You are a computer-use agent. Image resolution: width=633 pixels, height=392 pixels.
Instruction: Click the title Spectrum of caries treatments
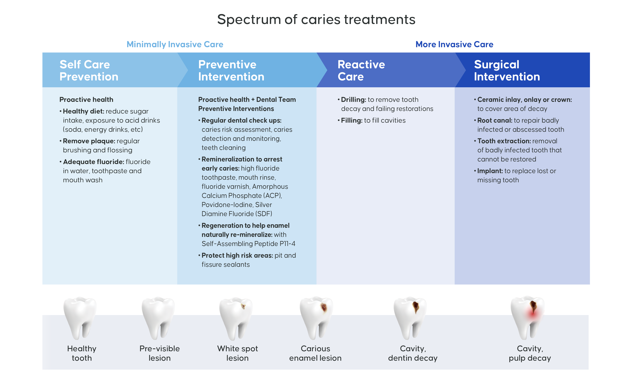pyautogui.click(x=316, y=19)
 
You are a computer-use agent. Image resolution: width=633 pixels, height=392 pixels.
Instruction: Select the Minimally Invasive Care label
pyautogui.click(x=175, y=44)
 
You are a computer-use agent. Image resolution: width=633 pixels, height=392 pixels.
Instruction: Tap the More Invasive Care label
pyautogui.click(x=454, y=44)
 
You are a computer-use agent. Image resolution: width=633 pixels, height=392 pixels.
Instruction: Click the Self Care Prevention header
pyautogui.click(x=89, y=70)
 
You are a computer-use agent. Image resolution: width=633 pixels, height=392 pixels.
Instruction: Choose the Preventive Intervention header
pyautogui.click(x=231, y=70)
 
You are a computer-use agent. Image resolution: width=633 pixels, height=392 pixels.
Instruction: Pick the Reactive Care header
pyautogui.click(x=361, y=70)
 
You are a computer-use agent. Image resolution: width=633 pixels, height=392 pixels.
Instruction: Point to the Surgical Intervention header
pyautogui.click(x=507, y=70)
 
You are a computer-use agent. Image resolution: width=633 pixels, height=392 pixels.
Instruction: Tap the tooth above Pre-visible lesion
pyautogui.click(x=158, y=318)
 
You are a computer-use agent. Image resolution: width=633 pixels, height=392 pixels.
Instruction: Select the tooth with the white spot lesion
pyautogui.click(x=236, y=319)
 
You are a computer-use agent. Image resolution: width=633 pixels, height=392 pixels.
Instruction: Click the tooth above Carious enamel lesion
pyautogui.click(x=316, y=318)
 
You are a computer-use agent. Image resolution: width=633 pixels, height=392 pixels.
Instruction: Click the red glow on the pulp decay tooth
pyautogui.click(x=532, y=314)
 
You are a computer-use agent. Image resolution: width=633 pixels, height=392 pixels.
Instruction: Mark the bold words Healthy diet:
pyautogui.click(x=84, y=111)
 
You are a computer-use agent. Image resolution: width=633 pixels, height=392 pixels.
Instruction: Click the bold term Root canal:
pyautogui.click(x=495, y=120)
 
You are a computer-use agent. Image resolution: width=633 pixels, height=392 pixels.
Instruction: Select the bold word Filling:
pyautogui.click(x=352, y=120)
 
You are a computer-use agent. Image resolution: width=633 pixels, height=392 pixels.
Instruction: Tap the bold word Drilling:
pyautogui.click(x=353, y=100)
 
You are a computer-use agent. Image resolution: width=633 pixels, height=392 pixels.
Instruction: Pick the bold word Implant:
pyautogui.click(x=490, y=171)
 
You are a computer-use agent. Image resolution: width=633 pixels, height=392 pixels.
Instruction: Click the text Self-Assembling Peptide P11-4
pyautogui.click(x=248, y=244)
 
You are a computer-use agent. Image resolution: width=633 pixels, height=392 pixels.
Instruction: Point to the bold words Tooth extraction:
pyautogui.click(x=504, y=141)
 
